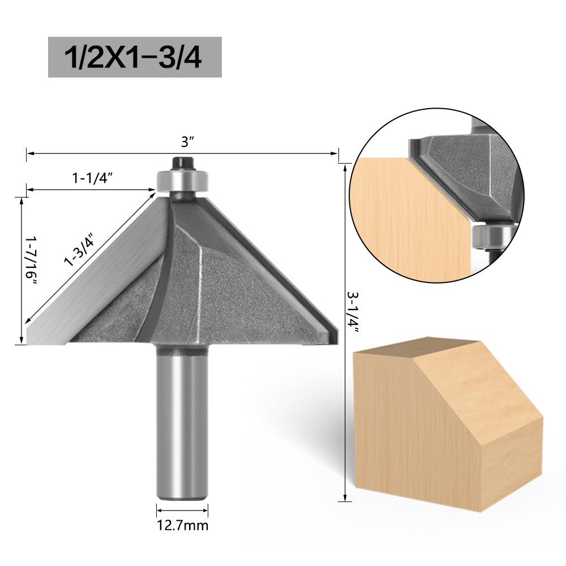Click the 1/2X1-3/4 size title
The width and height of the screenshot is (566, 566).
click(135, 57)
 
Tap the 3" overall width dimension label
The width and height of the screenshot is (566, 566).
click(185, 143)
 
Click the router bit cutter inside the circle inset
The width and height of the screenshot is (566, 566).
click(464, 170)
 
